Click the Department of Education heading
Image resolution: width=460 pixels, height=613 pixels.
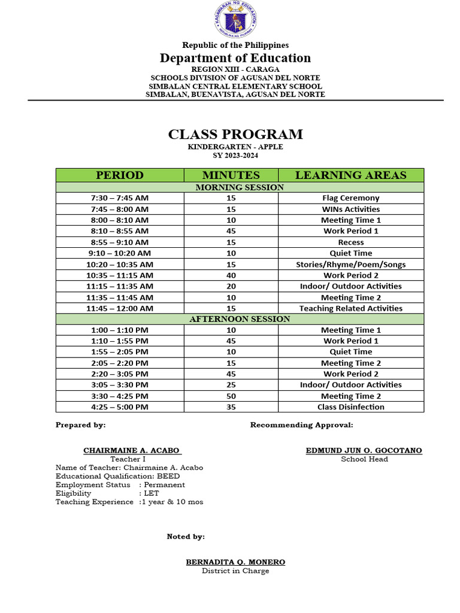click(235, 58)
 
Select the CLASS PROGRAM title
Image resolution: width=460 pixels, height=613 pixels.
click(235, 134)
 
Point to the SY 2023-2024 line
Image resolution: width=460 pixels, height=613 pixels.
click(235, 156)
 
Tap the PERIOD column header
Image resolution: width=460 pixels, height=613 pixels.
click(120, 175)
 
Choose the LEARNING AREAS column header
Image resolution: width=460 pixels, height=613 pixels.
click(351, 175)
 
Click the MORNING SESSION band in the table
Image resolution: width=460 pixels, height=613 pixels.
click(240, 187)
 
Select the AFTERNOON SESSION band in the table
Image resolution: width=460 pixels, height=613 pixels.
click(240, 319)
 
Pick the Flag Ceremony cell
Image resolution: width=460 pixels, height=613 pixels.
click(351, 198)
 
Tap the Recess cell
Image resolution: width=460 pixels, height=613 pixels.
click(351, 242)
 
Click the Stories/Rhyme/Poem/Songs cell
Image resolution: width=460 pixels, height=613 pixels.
click(351, 265)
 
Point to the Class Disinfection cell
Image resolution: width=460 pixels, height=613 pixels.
click(351, 407)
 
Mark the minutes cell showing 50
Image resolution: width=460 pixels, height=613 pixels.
click(231, 396)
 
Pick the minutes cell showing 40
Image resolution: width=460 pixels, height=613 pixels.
click(231, 275)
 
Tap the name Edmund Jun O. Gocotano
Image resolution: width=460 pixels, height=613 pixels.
click(364, 450)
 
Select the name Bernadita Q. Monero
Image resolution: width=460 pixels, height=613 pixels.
click(235, 562)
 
